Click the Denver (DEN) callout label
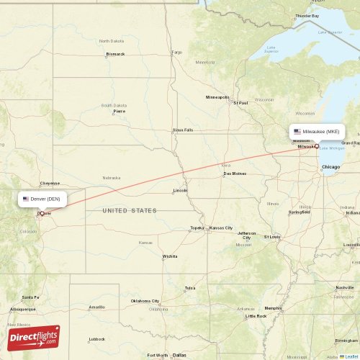(44, 199)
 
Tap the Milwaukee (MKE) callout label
(317, 132)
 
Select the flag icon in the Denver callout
(26, 199)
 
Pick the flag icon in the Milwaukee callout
(297, 132)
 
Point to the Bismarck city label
(115, 54)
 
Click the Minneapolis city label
(217, 97)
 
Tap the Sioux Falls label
(183, 130)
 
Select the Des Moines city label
(235, 174)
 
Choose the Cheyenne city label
(50, 183)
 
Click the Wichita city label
(170, 256)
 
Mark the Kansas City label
(221, 228)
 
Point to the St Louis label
(271, 236)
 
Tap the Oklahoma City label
(145, 301)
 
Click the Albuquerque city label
(22, 309)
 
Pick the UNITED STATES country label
(129, 210)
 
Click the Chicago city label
(331, 167)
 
